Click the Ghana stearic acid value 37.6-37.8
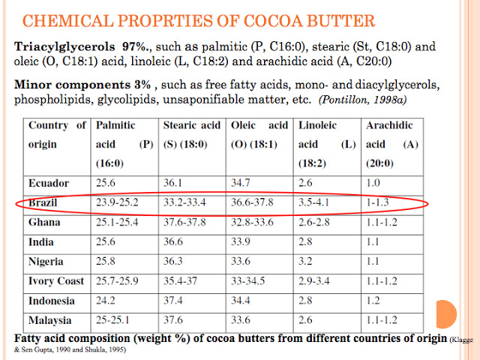[185, 223]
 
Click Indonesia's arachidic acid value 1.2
[374, 301]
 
